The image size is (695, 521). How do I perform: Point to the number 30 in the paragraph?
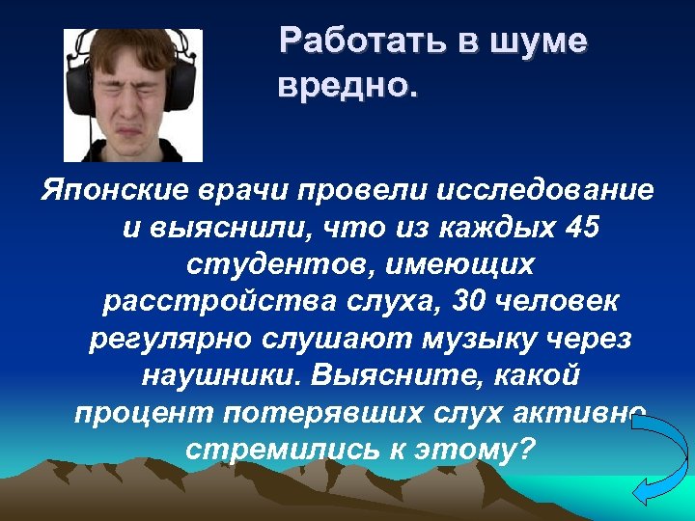click(x=458, y=301)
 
